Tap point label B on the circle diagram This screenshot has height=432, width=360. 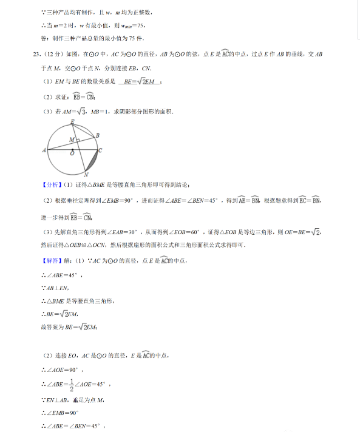click(98, 135)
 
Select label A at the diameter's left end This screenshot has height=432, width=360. click(45, 150)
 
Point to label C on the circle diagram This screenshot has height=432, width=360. click(100, 150)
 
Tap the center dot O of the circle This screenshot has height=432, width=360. click(73, 150)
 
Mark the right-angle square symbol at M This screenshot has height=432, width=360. click(78, 140)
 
